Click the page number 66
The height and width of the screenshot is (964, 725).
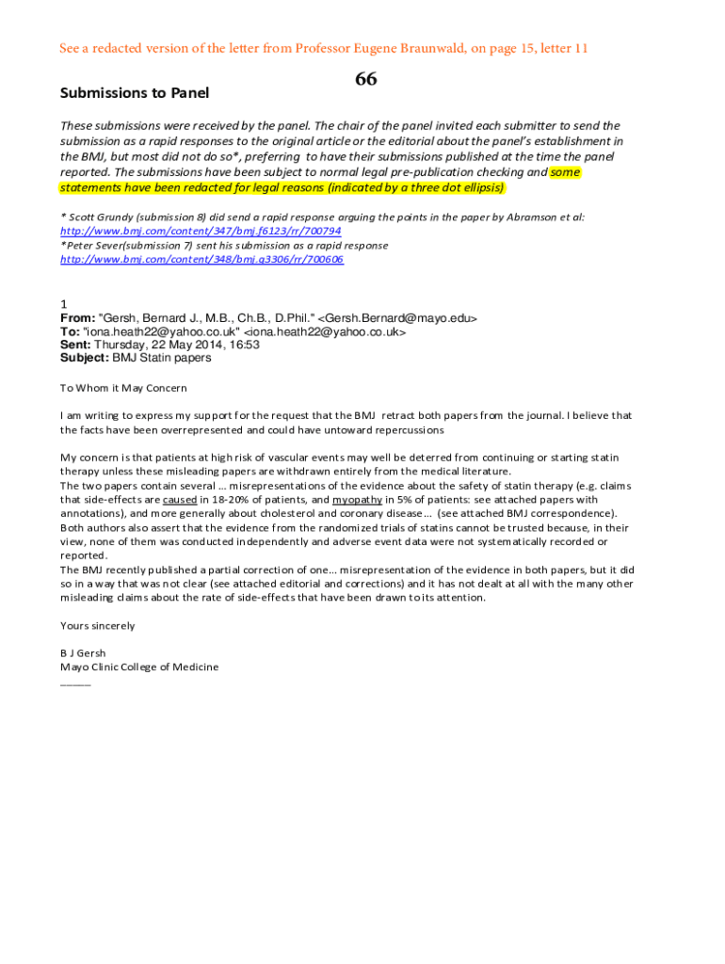365,80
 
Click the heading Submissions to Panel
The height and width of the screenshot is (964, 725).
135,93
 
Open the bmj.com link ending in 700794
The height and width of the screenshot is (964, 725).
201,231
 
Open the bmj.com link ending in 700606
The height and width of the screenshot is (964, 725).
201,259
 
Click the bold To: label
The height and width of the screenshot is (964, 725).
71,332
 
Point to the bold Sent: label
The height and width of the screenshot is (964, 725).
75,345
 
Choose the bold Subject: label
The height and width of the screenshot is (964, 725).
85,358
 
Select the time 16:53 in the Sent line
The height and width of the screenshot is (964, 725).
244,345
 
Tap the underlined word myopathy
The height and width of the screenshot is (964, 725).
357,500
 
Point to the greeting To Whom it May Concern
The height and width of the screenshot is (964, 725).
123,388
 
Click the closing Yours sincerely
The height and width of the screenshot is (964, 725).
98,625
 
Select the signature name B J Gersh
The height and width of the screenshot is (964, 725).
83,653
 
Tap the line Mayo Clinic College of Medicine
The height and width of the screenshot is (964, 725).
139,667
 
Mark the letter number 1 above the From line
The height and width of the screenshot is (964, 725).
63,305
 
